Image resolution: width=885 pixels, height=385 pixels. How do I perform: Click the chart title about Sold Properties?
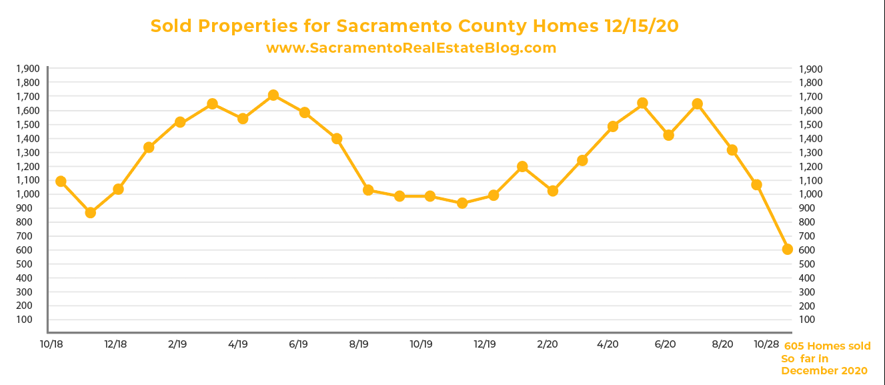click(414, 26)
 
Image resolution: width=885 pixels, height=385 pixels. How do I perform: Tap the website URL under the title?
click(411, 48)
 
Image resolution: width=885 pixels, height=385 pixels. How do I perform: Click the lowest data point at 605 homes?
click(787, 249)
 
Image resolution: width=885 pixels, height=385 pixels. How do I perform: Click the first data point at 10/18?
click(61, 181)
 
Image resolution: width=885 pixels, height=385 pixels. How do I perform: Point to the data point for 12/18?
click(118, 189)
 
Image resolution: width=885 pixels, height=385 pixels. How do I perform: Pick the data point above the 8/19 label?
click(367, 190)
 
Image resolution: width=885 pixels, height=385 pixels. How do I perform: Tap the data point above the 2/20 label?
click(552, 191)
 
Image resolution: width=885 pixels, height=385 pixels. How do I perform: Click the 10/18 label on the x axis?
click(51, 344)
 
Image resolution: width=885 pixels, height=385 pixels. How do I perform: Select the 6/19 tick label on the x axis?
click(298, 344)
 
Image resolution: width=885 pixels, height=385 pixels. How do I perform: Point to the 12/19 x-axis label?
click(485, 344)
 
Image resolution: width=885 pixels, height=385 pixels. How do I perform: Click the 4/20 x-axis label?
click(608, 344)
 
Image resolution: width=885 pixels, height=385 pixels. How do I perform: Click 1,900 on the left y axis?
click(27, 69)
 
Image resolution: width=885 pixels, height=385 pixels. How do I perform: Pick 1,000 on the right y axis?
click(810, 194)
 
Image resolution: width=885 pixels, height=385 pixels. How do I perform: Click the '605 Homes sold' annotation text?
click(827, 346)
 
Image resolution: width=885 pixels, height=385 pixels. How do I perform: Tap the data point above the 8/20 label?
click(732, 150)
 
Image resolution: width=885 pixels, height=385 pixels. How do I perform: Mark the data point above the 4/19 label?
click(243, 118)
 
